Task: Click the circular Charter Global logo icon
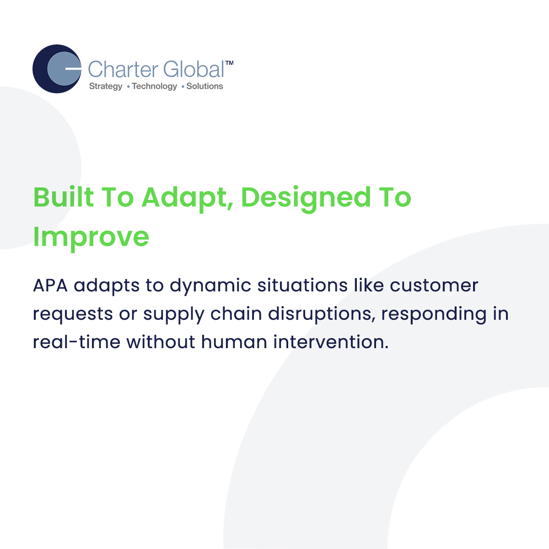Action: tap(57, 69)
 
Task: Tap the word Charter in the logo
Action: tap(123, 69)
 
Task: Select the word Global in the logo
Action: tap(194, 69)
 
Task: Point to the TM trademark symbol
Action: tap(229, 63)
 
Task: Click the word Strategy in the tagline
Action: tap(106, 86)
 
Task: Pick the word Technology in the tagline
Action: tap(155, 86)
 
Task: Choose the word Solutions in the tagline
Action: tap(205, 86)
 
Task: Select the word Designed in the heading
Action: tap(306, 199)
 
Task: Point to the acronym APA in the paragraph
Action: tap(50, 285)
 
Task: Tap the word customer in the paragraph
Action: tap(434, 286)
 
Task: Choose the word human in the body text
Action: tap(234, 342)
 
